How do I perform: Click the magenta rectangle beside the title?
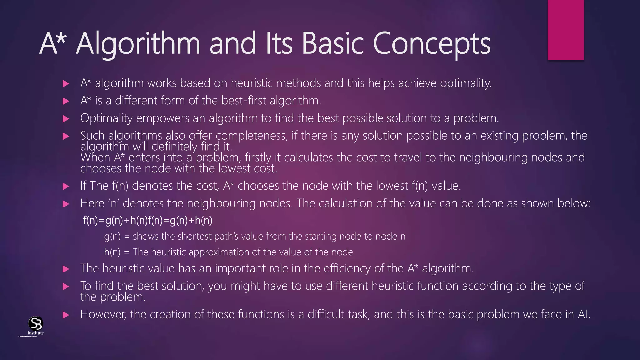(566, 30)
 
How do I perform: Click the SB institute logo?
(35, 325)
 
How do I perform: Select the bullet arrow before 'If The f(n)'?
(66, 187)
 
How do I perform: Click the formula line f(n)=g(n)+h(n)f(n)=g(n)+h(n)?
(147, 221)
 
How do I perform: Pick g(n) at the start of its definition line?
(112, 237)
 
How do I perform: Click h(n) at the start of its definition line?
(112, 252)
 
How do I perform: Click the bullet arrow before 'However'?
(66, 315)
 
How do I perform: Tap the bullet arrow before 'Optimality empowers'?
(66, 119)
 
